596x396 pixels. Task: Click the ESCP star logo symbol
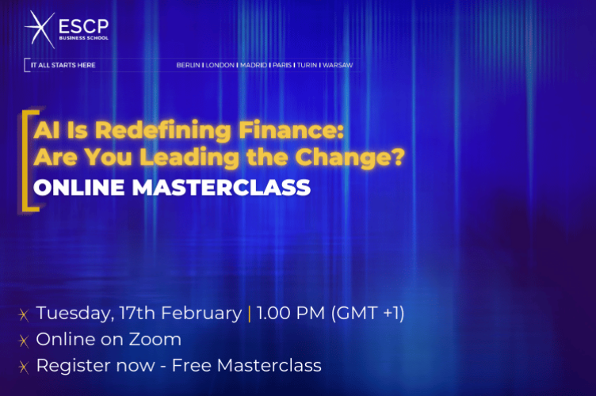pos(39,29)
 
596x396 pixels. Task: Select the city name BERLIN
pos(189,65)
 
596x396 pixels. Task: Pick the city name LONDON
pos(220,65)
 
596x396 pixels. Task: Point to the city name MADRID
pos(254,65)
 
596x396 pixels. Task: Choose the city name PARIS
pos(282,65)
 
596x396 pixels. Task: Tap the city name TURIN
pos(308,65)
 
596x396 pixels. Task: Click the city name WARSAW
pos(338,65)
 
